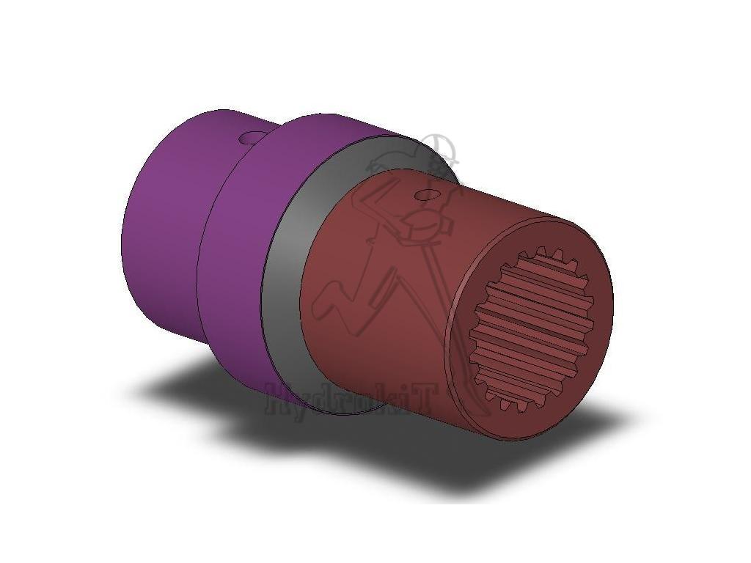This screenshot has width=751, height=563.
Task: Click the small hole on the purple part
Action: (x=248, y=138)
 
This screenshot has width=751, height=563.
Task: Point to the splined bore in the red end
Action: (x=531, y=329)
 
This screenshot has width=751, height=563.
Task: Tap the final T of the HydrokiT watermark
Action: (x=422, y=400)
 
